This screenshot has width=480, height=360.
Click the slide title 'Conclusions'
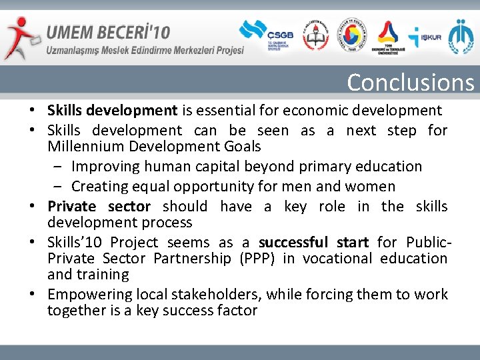(x=410, y=83)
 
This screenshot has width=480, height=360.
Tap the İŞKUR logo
(x=425, y=37)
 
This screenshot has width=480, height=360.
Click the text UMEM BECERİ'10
(x=107, y=32)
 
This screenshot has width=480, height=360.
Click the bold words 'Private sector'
(x=99, y=207)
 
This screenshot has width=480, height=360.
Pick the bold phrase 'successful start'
(x=314, y=243)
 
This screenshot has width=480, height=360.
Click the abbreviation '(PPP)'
(x=254, y=259)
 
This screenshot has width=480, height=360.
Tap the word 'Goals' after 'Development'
(x=241, y=147)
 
